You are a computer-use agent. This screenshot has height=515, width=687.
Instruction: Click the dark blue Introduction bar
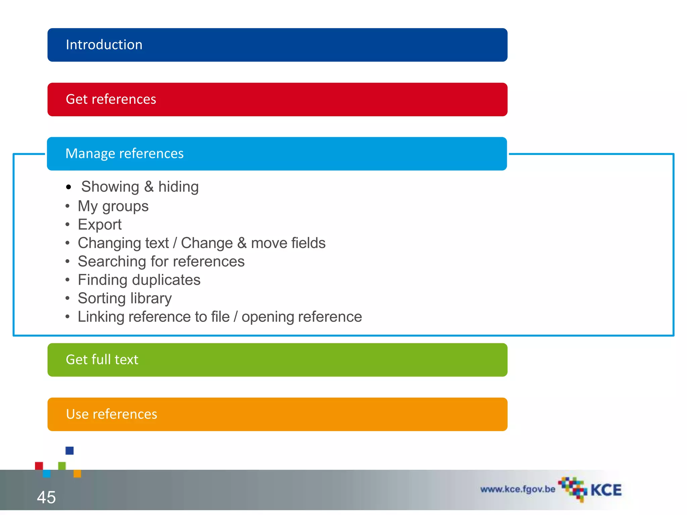coord(277,45)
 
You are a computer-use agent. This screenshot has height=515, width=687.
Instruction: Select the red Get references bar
coord(277,100)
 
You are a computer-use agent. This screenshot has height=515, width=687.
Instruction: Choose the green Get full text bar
coord(277,360)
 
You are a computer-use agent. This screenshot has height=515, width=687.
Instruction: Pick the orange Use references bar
coord(277,414)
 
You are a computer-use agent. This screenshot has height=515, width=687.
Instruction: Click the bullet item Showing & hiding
coord(140,187)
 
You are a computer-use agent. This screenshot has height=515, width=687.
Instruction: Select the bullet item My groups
coord(113,206)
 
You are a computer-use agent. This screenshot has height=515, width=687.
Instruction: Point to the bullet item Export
coord(100,225)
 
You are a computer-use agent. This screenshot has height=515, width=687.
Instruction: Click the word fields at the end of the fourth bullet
coord(308,243)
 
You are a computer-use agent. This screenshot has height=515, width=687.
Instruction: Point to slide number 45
coord(46,497)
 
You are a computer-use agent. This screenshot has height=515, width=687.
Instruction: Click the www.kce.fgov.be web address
coord(518,489)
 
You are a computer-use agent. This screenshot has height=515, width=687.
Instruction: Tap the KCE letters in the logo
coord(606,490)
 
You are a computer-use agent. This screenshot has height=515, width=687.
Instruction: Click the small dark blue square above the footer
coord(69,451)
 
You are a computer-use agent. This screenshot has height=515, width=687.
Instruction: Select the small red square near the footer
coord(39,466)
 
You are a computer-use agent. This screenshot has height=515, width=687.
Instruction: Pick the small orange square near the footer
coord(77,473)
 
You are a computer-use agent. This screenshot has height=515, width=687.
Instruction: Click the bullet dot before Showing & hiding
coord(68,187)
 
